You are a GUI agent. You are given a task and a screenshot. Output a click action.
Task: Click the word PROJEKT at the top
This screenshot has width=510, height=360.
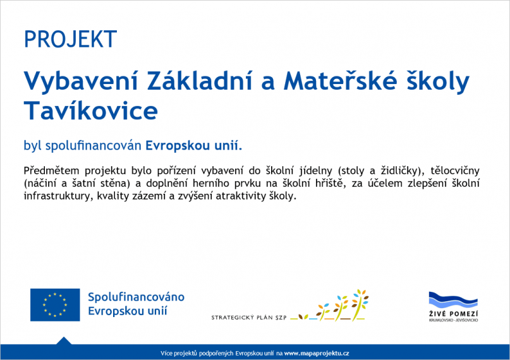click(x=70, y=39)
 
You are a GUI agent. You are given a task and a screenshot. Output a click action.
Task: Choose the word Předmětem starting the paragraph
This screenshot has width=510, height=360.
click(x=51, y=171)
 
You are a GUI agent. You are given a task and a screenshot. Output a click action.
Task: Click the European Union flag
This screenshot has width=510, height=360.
click(x=55, y=304)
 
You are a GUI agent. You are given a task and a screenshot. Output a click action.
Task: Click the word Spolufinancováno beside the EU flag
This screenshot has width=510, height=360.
click(x=136, y=297)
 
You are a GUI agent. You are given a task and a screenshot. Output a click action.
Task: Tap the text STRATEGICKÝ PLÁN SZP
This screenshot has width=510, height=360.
click(x=249, y=317)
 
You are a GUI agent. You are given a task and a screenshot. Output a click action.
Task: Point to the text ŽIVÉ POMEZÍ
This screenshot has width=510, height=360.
click(x=453, y=315)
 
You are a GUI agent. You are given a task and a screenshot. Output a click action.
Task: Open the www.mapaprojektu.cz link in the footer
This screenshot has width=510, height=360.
click(x=317, y=353)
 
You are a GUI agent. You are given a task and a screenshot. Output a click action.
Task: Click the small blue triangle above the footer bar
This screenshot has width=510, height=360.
click(x=63, y=340)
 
